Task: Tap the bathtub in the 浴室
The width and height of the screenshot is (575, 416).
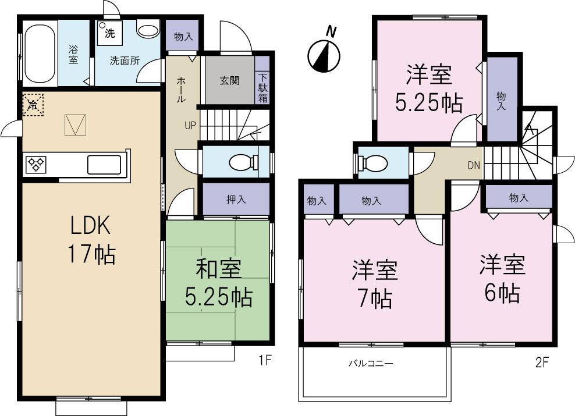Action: tap(40, 52)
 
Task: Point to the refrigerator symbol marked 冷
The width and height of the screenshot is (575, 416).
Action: tap(33, 105)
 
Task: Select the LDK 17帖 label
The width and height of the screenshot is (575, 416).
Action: tap(91, 239)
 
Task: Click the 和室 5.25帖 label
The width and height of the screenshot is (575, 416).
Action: tap(218, 283)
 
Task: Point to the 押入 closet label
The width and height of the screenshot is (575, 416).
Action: tap(236, 199)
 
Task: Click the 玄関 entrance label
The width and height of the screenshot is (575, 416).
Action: tap(229, 81)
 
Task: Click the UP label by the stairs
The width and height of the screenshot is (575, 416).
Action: tap(191, 125)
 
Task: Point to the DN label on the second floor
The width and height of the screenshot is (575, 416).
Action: tap(474, 165)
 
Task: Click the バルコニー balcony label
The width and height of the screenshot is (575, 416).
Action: tap(371, 364)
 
